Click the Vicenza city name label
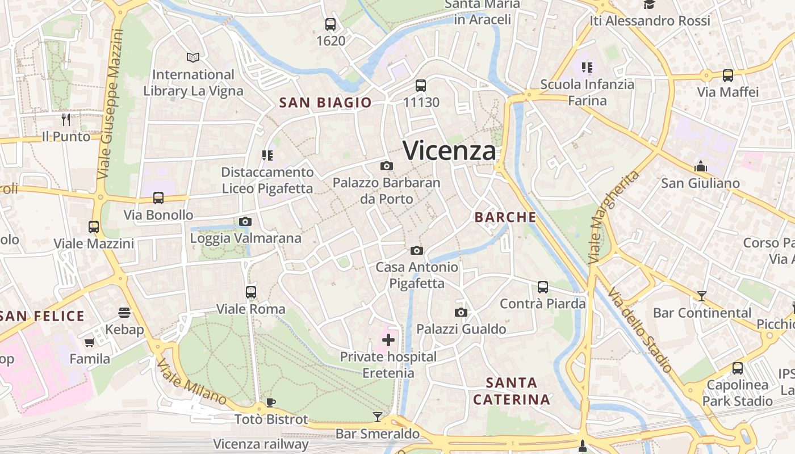pos(449,150)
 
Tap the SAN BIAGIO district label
pos(325,103)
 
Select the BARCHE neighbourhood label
pos(505,217)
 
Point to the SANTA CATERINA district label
pos(512,391)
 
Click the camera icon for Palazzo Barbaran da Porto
pos(387,166)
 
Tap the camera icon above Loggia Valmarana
pos(245,221)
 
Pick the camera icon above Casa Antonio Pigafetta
pos(417,250)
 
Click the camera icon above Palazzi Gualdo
pos(461,312)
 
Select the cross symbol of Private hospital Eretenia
pos(388,340)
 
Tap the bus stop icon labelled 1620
pos(330,24)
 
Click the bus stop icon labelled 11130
pos(421,86)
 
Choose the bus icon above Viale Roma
pos(251,292)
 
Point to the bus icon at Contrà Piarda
pos(543,287)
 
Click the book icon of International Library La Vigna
pos(193,57)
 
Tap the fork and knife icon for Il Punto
pos(66,120)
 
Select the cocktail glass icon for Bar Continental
pos(702,296)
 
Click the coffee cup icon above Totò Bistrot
pos(271,402)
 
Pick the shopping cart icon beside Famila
pos(89,342)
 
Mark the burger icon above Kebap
pos(124,312)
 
